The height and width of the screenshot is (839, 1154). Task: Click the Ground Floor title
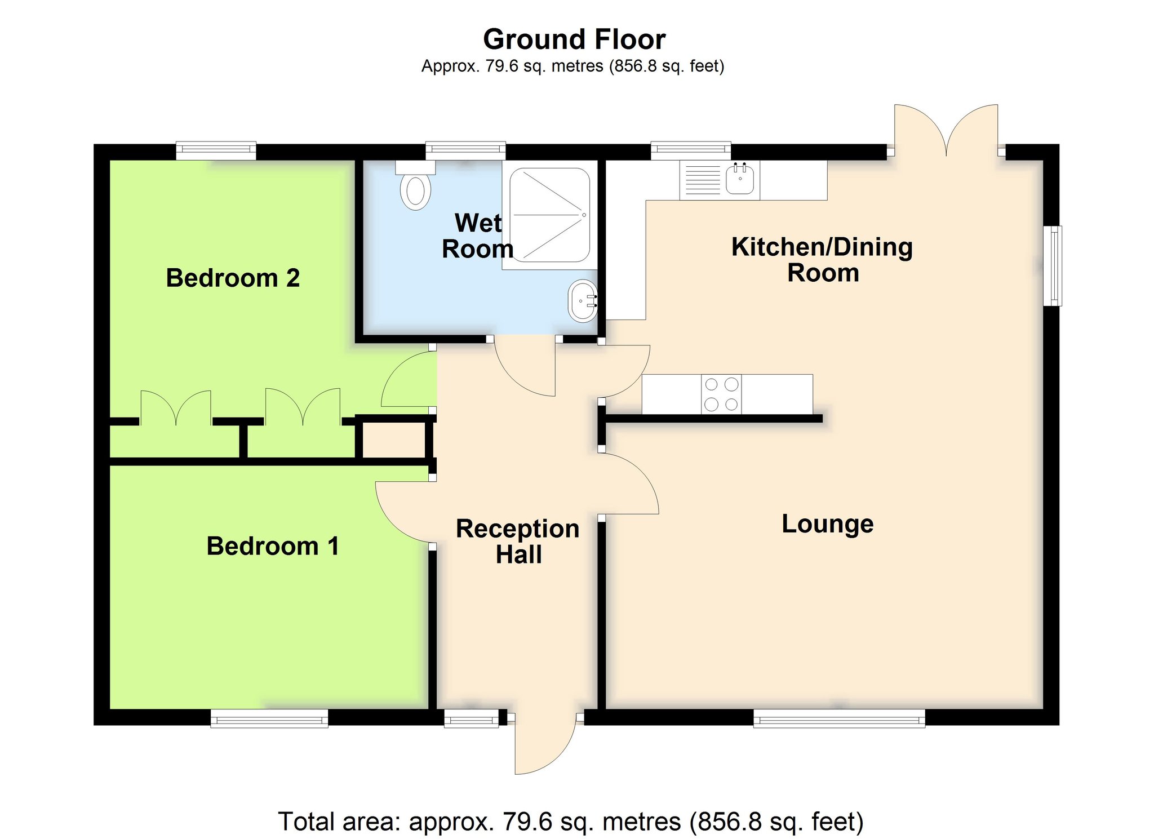click(574, 39)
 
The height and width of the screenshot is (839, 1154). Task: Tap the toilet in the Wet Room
click(416, 185)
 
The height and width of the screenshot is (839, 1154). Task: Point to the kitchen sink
click(740, 179)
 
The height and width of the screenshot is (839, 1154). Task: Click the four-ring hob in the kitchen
click(722, 394)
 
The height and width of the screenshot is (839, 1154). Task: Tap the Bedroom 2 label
click(233, 278)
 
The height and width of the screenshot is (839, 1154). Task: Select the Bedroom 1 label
click(273, 546)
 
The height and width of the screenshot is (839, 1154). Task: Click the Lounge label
click(828, 525)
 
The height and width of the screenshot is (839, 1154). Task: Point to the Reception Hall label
click(518, 541)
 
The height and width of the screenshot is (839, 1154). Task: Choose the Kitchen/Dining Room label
click(822, 260)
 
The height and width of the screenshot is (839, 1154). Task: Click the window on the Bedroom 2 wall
click(216, 150)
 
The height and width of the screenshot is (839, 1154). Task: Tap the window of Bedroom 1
click(269, 718)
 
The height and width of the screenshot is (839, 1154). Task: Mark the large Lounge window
click(840, 718)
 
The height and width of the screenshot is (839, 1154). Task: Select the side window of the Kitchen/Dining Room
click(1052, 266)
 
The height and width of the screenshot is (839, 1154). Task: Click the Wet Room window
click(465, 150)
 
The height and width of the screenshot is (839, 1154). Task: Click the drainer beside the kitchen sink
click(703, 180)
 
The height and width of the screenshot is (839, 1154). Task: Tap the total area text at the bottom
click(571, 822)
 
